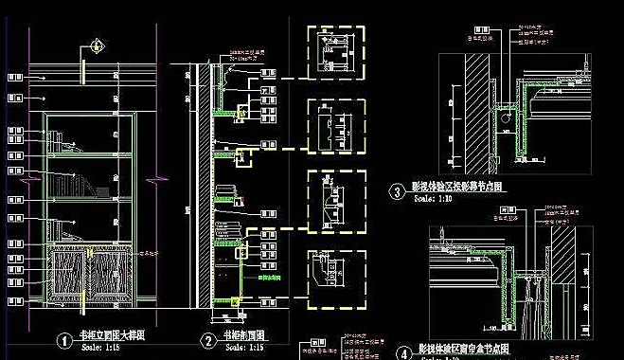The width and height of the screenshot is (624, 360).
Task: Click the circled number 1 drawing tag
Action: [63, 340]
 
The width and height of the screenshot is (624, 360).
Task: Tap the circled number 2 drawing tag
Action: [208, 340]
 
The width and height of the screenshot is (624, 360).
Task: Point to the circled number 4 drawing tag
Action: [404, 351]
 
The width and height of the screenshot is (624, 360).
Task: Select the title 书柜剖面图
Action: [245, 336]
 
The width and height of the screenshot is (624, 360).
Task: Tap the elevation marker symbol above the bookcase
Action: [96, 44]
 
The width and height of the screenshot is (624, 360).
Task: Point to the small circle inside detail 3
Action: [507, 120]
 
